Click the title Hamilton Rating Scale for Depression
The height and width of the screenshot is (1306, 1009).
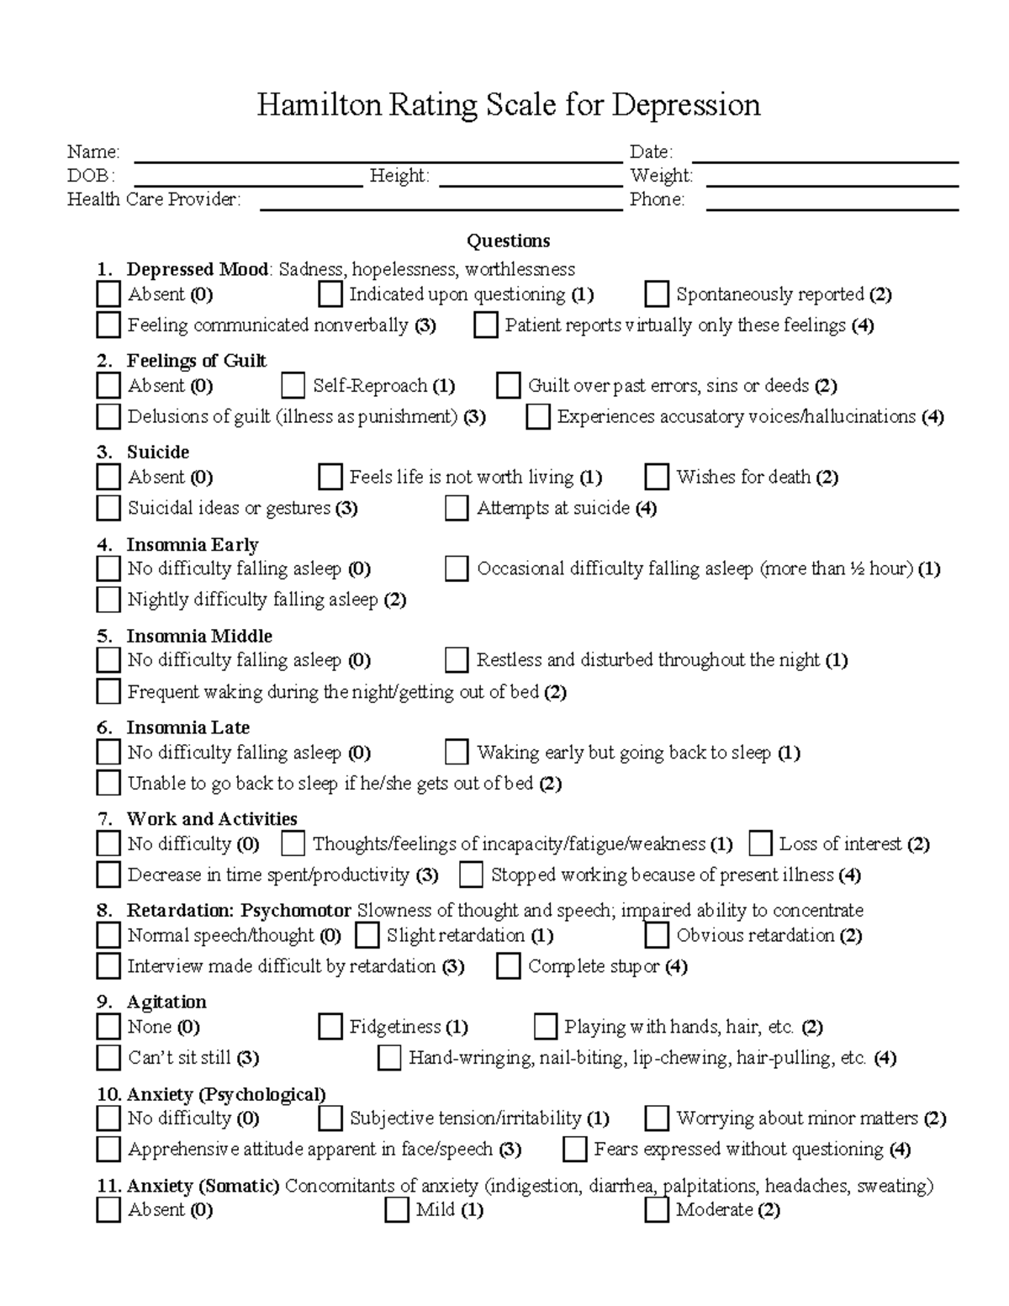pyautogui.click(x=508, y=105)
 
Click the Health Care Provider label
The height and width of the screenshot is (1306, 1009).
pyautogui.click(x=154, y=199)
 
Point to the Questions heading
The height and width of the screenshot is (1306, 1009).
pyautogui.click(x=508, y=241)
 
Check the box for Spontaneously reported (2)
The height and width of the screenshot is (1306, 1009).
pyautogui.click(x=656, y=294)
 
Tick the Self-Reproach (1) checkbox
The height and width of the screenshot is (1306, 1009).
pyautogui.click(x=293, y=386)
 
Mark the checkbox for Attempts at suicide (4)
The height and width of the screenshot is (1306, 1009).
pyautogui.click(x=457, y=508)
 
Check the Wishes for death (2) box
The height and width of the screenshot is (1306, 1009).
pyautogui.click(x=656, y=478)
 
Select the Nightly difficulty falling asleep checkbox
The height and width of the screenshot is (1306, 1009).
pyautogui.click(x=108, y=600)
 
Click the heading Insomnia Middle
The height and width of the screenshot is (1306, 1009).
pyautogui.click(x=199, y=636)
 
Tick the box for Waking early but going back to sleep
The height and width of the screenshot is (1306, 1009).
pyautogui.click(x=457, y=752)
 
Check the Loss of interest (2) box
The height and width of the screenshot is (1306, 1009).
pyautogui.click(x=760, y=843)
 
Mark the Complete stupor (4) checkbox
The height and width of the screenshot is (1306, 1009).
pyautogui.click(x=508, y=966)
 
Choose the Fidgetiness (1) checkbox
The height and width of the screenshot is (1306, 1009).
pyautogui.click(x=330, y=1027)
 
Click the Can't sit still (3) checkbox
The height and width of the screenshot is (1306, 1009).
pyautogui.click(x=108, y=1057)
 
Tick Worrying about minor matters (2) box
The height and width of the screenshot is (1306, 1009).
pyautogui.click(x=656, y=1118)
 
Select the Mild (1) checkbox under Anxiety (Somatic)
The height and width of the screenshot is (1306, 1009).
pyautogui.click(x=396, y=1210)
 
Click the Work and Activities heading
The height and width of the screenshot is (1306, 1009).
pyautogui.click(x=211, y=819)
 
